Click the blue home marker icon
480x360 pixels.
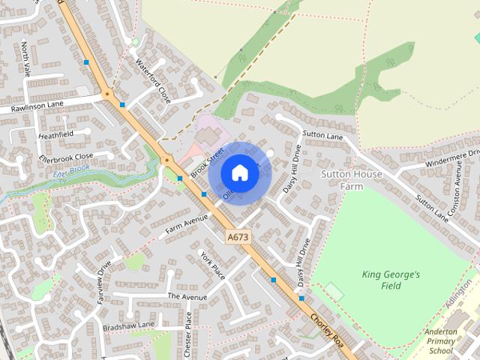239,173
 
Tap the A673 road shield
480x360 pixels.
238,237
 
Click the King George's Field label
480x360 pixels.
391,280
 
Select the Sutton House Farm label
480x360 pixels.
351,180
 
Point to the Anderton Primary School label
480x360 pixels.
440,341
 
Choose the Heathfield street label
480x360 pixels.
56,136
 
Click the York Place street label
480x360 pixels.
213,265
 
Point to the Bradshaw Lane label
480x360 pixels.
129,324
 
